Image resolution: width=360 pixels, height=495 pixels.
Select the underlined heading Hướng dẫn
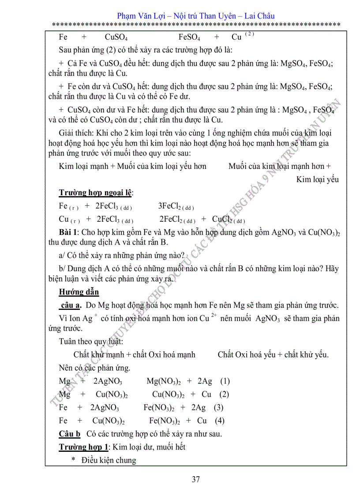(x=79, y=292)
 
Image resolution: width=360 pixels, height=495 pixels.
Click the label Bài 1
(x=68, y=232)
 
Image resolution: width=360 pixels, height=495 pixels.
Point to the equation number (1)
(x=225, y=381)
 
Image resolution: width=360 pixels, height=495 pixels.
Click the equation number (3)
(x=218, y=407)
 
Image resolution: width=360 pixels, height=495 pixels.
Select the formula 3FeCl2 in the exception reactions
(x=175, y=206)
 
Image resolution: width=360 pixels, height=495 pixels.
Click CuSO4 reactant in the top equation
(x=116, y=37)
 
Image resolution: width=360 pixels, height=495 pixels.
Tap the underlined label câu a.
(x=70, y=305)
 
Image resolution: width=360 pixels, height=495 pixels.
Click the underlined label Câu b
(x=70, y=434)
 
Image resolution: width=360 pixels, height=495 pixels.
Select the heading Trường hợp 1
(x=84, y=447)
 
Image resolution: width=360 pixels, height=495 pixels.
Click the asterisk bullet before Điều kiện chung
(x=74, y=461)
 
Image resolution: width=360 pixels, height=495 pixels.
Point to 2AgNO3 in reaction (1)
(x=108, y=381)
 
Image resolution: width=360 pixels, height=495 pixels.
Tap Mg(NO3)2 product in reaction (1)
(x=163, y=381)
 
